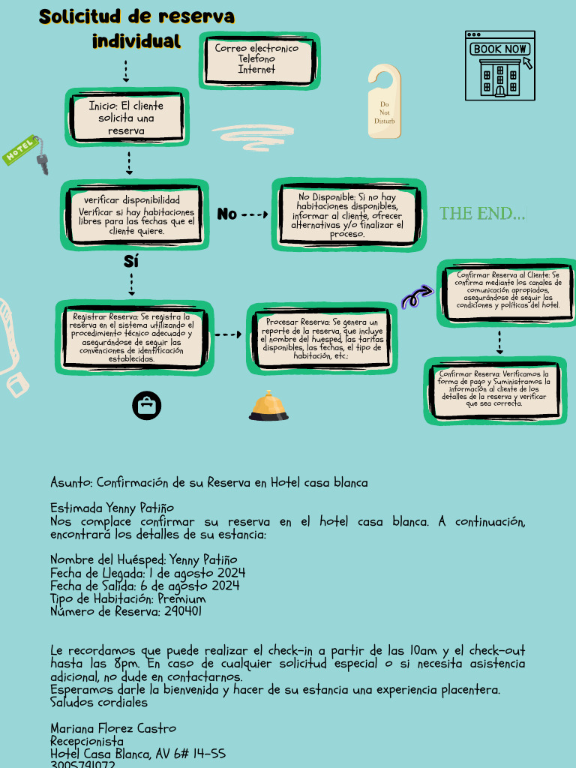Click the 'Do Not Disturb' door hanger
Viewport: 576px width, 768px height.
tap(384, 102)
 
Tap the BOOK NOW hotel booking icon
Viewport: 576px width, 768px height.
tap(500, 66)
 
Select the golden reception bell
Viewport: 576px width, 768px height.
tap(268, 406)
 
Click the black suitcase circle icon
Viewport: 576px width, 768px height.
tap(147, 405)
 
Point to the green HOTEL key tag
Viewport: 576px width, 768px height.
tap(22, 150)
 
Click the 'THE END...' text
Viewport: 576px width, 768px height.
tap(482, 214)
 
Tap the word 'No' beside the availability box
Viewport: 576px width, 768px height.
tap(226, 214)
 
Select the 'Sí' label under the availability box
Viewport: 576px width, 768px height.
tap(131, 262)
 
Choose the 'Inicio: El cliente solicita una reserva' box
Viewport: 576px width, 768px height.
tap(126, 118)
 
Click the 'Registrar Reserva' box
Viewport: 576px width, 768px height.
tap(132, 337)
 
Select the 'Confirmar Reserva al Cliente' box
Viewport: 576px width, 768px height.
tap(508, 291)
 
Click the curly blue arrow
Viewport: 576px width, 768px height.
tap(417, 297)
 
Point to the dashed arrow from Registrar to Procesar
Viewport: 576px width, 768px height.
tap(228, 335)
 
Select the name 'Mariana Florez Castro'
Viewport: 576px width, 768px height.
tap(113, 728)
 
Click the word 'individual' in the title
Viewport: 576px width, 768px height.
tap(136, 41)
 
